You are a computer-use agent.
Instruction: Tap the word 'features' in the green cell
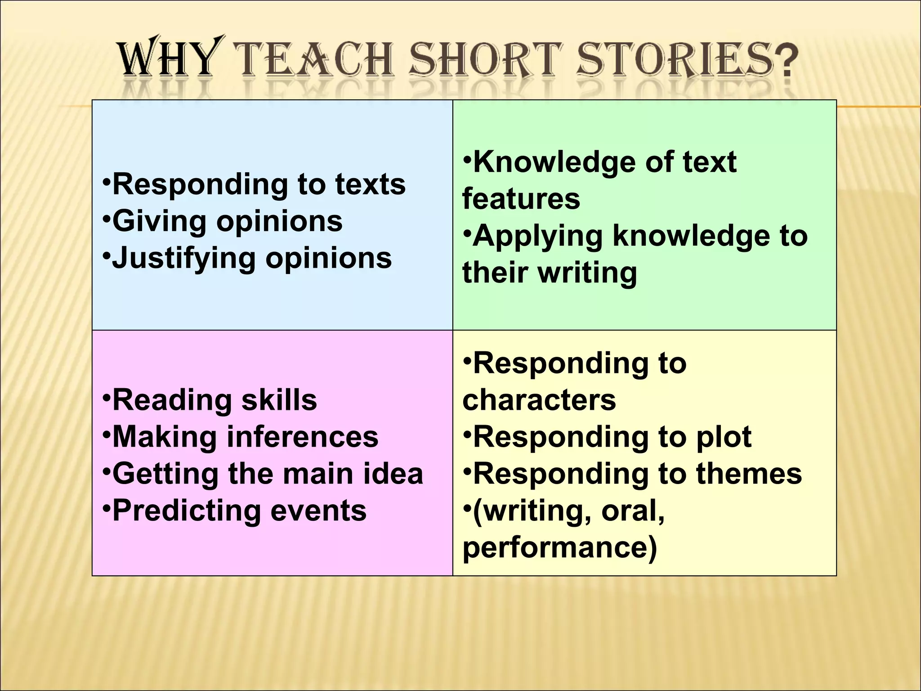click(x=521, y=199)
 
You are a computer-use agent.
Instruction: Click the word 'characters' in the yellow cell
click(x=539, y=400)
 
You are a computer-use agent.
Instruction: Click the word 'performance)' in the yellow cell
click(x=559, y=547)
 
